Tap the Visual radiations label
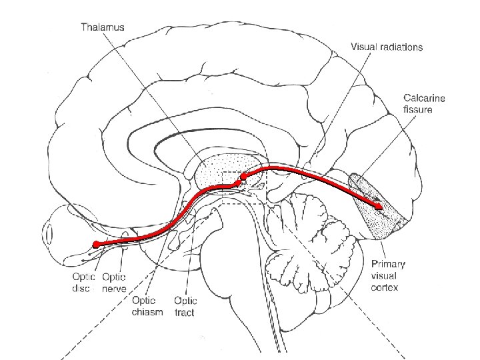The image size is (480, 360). (x=387, y=47)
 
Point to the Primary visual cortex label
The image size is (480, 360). (x=388, y=275)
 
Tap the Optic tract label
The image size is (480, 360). (x=185, y=305)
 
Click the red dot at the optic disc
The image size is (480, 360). (x=95, y=245)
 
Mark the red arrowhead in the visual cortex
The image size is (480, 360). (x=380, y=207)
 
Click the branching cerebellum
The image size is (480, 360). (x=313, y=233)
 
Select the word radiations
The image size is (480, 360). (x=401, y=47)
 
